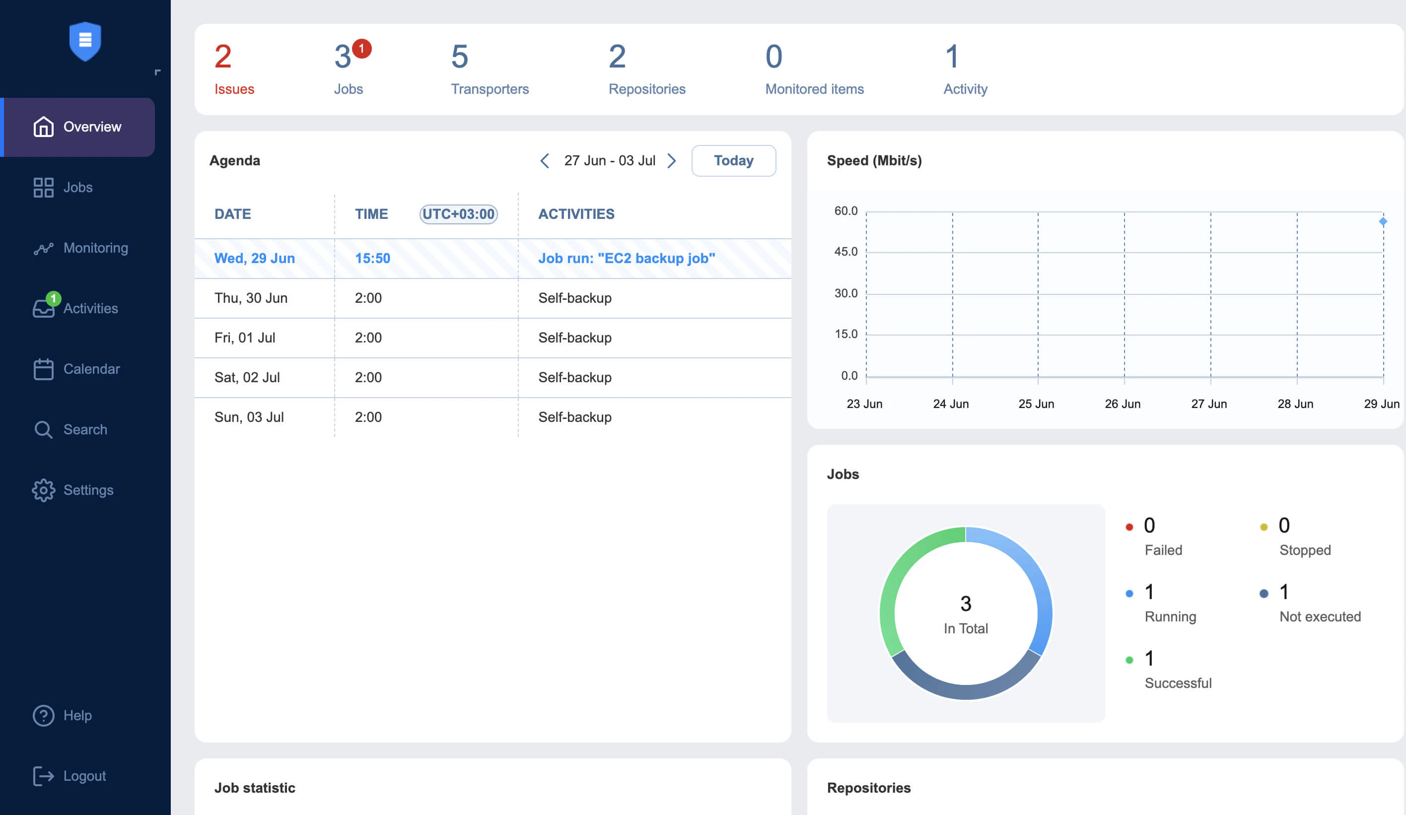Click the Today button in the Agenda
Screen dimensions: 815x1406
click(x=733, y=161)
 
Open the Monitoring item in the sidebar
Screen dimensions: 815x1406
click(x=95, y=248)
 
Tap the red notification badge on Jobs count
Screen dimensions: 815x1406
click(x=361, y=49)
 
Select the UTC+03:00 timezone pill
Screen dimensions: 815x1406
click(x=458, y=213)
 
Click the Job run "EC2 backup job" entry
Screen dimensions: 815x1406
click(x=626, y=258)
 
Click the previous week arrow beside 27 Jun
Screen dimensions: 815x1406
click(x=545, y=161)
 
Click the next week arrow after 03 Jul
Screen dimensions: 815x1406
click(x=672, y=161)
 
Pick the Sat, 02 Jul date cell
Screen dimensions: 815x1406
click(x=247, y=378)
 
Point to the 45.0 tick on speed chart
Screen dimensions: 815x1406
click(x=845, y=252)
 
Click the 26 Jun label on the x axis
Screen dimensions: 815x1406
click(x=1122, y=404)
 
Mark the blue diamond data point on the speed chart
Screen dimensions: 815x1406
click(x=1383, y=221)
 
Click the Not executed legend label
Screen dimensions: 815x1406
click(x=1320, y=616)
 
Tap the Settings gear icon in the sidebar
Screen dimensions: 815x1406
click(x=44, y=490)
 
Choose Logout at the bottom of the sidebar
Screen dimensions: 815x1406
click(x=84, y=776)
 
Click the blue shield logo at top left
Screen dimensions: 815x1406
click(x=85, y=41)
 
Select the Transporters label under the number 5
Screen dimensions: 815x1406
click(x=490, y=89)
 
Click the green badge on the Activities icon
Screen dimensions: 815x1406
click(x=54, y=298)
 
